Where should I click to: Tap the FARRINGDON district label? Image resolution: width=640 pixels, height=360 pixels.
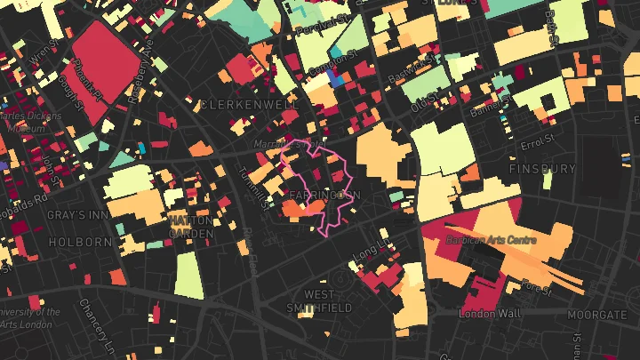(324, 194)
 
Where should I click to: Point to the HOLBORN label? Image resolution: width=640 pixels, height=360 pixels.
(81, 241)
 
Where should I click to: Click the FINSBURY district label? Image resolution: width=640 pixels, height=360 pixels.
(543, 168)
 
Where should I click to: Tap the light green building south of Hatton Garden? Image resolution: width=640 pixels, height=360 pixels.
(188, 275)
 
